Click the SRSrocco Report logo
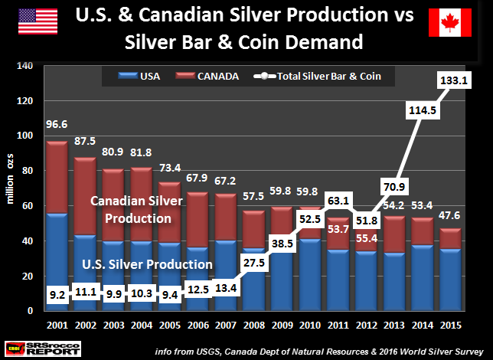click(x=37, y=346)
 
